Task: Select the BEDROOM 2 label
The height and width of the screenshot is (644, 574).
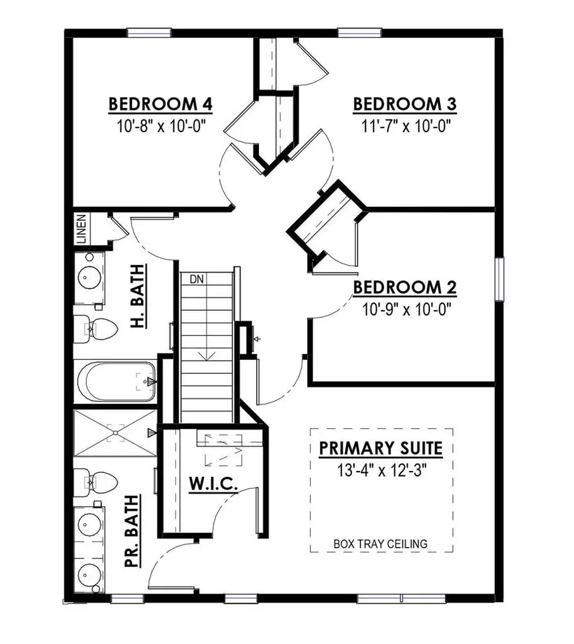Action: point(405,287)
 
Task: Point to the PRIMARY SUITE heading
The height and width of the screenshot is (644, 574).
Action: point(381,448)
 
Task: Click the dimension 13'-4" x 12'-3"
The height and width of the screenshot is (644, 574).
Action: point(381,471)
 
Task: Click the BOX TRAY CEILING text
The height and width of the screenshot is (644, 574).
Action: point(381,544)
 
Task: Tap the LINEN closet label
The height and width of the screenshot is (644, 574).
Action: point(81,229)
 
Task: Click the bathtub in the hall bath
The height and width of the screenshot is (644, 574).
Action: point(116,382)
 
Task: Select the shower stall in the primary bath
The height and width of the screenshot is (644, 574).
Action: point(115,433)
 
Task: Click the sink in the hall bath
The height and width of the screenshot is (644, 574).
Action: point(87,278)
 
